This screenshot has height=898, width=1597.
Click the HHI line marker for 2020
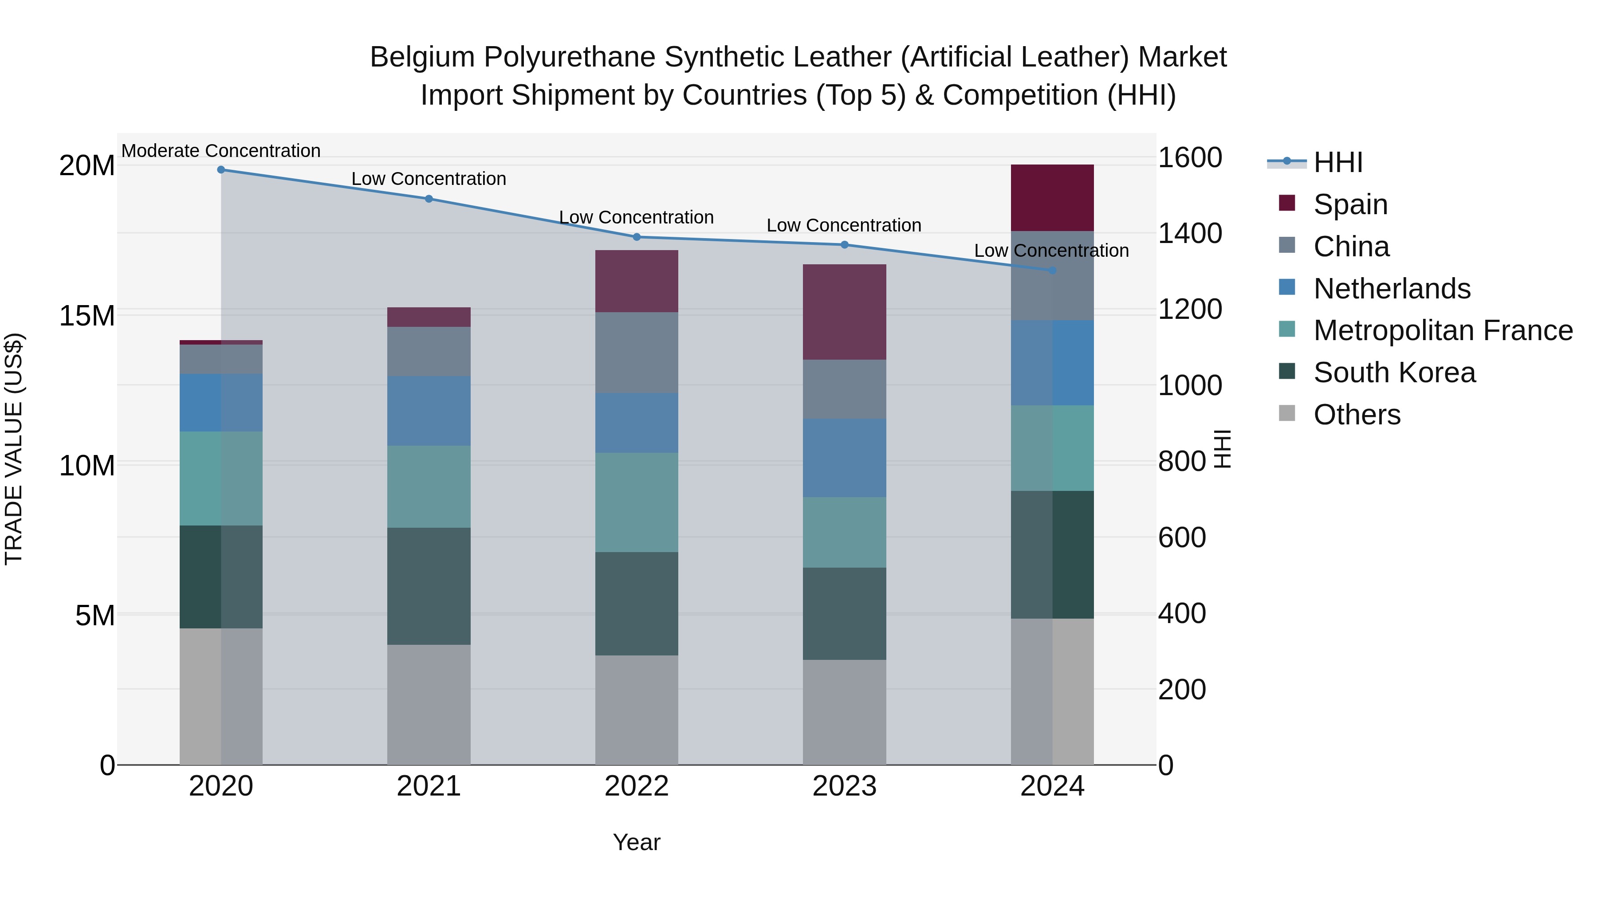pos(221,170)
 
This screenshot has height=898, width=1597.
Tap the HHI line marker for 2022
pos(637,237)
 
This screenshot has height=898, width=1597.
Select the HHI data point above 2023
pos(844,245)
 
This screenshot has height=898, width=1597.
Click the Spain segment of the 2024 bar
pos(1052,198)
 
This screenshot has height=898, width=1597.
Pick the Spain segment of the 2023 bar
pos(844,312)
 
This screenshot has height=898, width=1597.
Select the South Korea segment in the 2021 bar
pos(429,586)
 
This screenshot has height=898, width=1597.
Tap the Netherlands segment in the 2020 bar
pos(221,402)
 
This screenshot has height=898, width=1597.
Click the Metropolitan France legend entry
pos(1442,330)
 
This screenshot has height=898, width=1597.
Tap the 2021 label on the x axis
pos(429,786)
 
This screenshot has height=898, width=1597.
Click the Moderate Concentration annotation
pos(221,151)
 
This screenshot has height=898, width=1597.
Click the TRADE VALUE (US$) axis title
pos(14,449)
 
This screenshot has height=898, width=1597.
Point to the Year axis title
pos(637,842)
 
